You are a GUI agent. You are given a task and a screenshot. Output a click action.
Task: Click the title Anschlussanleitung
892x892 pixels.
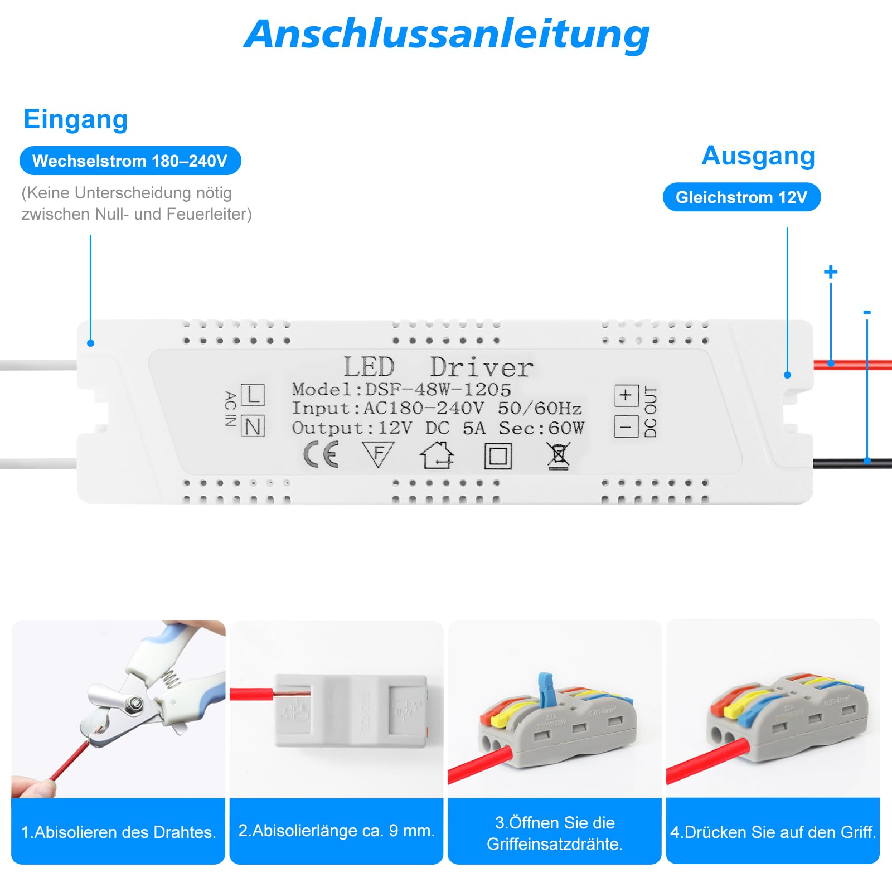click(x=447, y=35)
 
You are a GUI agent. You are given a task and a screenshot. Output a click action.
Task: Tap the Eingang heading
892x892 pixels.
click(x=76, y=119)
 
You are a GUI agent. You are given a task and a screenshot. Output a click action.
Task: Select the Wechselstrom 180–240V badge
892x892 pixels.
click(x=130, y=161)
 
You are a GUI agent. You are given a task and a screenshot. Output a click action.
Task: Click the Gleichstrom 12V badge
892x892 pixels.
click(x=741, y=197)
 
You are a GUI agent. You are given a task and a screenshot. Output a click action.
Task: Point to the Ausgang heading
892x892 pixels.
click(x=758, y=156)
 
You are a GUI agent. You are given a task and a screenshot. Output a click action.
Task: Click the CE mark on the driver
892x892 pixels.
click(x=321, y=454)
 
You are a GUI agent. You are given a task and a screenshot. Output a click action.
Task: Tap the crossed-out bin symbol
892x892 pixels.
click(x=557, y=456)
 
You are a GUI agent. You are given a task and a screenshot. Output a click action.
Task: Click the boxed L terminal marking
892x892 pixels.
click(x=253, y=395)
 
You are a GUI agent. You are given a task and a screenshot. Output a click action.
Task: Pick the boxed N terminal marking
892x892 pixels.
click(x=253, y=427)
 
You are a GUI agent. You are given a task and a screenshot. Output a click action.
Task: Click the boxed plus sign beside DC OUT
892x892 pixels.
click(x=626, y=395)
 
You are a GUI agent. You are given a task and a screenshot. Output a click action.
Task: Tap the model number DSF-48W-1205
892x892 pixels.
click(x=438, y=389)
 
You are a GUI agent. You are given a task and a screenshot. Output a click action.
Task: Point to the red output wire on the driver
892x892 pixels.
click(x=852, y=365)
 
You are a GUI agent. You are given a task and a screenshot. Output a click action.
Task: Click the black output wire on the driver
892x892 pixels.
click(x=852, y=462)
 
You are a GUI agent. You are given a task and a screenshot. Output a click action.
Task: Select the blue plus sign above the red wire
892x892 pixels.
click(x=830, y=272)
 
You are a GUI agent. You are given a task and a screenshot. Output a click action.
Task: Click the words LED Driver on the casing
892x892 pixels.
click(x=438, y=367)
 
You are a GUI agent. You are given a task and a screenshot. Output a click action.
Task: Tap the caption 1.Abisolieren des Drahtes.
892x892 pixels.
click(x=118, y=832)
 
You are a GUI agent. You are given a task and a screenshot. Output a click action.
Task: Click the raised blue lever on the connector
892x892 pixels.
click(x=545, y=687)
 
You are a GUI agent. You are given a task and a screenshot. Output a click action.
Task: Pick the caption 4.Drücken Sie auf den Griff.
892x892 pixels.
click(x=773, y=832)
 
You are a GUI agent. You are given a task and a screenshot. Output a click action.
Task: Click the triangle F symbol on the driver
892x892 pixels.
click(x=379, y=454)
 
